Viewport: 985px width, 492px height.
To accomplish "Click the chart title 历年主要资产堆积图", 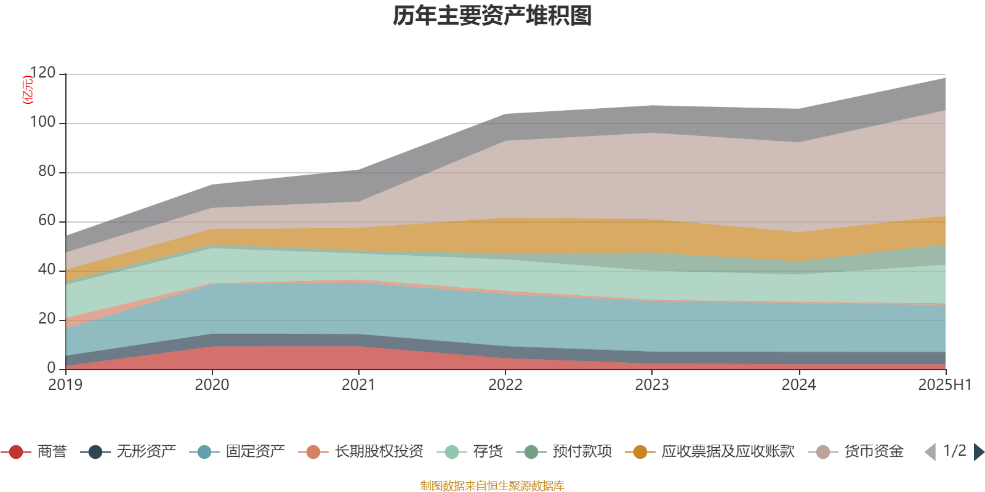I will [492, 16].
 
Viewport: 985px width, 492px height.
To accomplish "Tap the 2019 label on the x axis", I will [65, 384].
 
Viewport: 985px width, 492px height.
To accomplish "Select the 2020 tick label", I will [212, 384].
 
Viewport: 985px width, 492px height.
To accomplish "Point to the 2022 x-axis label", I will [505, 384].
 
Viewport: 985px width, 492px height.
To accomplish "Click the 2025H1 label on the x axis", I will [944, 384].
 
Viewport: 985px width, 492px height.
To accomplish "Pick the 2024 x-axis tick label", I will [798, 384].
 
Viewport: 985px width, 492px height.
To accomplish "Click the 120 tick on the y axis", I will [42, 73].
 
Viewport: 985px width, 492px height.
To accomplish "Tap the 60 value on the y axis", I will [47, 221].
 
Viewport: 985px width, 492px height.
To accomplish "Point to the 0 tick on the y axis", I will [52, 368].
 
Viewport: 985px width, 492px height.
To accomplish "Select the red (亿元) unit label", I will [27, 90].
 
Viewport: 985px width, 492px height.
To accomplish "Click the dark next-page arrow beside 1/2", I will [978, 452].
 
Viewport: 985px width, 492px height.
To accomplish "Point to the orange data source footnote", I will [492, 486].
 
